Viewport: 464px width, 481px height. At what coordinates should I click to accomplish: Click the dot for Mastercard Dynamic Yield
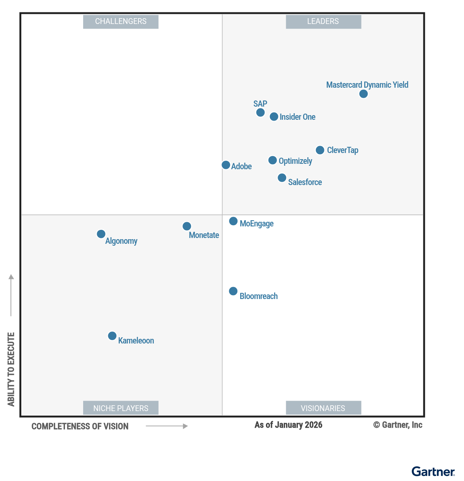[363, 94]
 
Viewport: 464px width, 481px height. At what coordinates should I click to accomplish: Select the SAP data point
[261, 112]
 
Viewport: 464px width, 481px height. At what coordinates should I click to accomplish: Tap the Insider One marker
[274, 117]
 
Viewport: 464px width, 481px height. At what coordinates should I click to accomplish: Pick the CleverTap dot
[320, 150]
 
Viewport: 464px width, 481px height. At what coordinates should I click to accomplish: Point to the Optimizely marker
[273, 160]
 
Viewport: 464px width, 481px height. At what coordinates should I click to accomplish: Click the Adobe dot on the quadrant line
[226, 165]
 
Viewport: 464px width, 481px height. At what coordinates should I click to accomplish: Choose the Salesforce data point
[282, 178]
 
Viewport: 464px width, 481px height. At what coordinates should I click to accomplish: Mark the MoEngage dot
[233, 221]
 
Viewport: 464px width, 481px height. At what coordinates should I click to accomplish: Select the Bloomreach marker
[233, 291]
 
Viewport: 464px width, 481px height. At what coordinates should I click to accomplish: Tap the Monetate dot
[187, 226]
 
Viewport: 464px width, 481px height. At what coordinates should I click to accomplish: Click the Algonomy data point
[101, 234]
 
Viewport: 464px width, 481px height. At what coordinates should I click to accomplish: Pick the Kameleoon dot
[112, 336]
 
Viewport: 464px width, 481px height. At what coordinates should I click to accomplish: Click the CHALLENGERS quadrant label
[121, 22]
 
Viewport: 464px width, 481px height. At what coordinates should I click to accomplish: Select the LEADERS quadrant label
[323, 22]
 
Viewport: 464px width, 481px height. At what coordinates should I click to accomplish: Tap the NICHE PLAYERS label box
[121, 408]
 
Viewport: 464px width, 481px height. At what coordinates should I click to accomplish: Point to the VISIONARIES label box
[323, 408]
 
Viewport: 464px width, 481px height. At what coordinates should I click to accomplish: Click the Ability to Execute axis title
[11, 369]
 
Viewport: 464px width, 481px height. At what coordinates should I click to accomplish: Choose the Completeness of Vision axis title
[80, 427]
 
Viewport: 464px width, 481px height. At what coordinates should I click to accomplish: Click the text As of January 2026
[288, 425]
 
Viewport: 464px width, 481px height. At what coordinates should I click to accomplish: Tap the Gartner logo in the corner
[433, 472]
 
